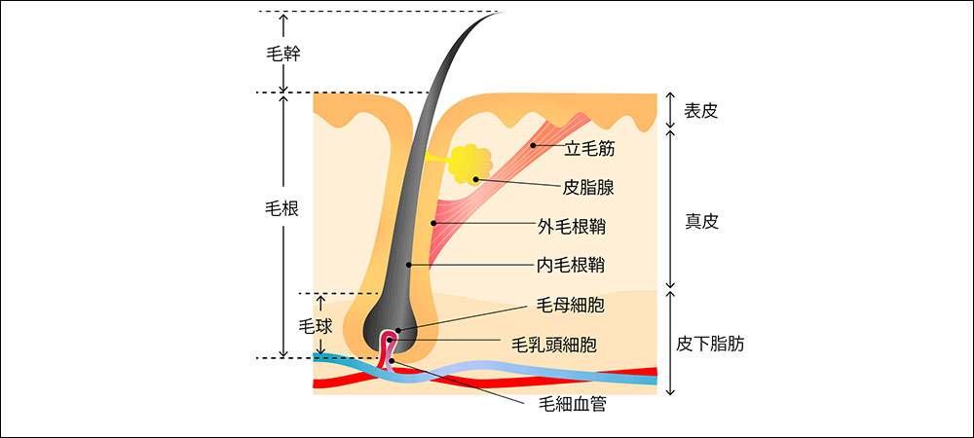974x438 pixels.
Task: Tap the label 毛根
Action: (x=282, y=208)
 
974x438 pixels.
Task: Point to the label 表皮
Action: (x=701, y=111)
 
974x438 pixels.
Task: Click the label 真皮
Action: (x=701, y=221)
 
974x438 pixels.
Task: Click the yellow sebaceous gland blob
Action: (x=469, y=164)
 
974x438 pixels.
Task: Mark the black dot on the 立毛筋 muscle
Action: (x=533, y=145)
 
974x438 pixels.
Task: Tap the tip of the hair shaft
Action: (x=495, y=13)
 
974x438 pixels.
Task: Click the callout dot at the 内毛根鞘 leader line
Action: (x=412, y=264)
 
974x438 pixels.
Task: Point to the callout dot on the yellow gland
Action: (x=475, y=178)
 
